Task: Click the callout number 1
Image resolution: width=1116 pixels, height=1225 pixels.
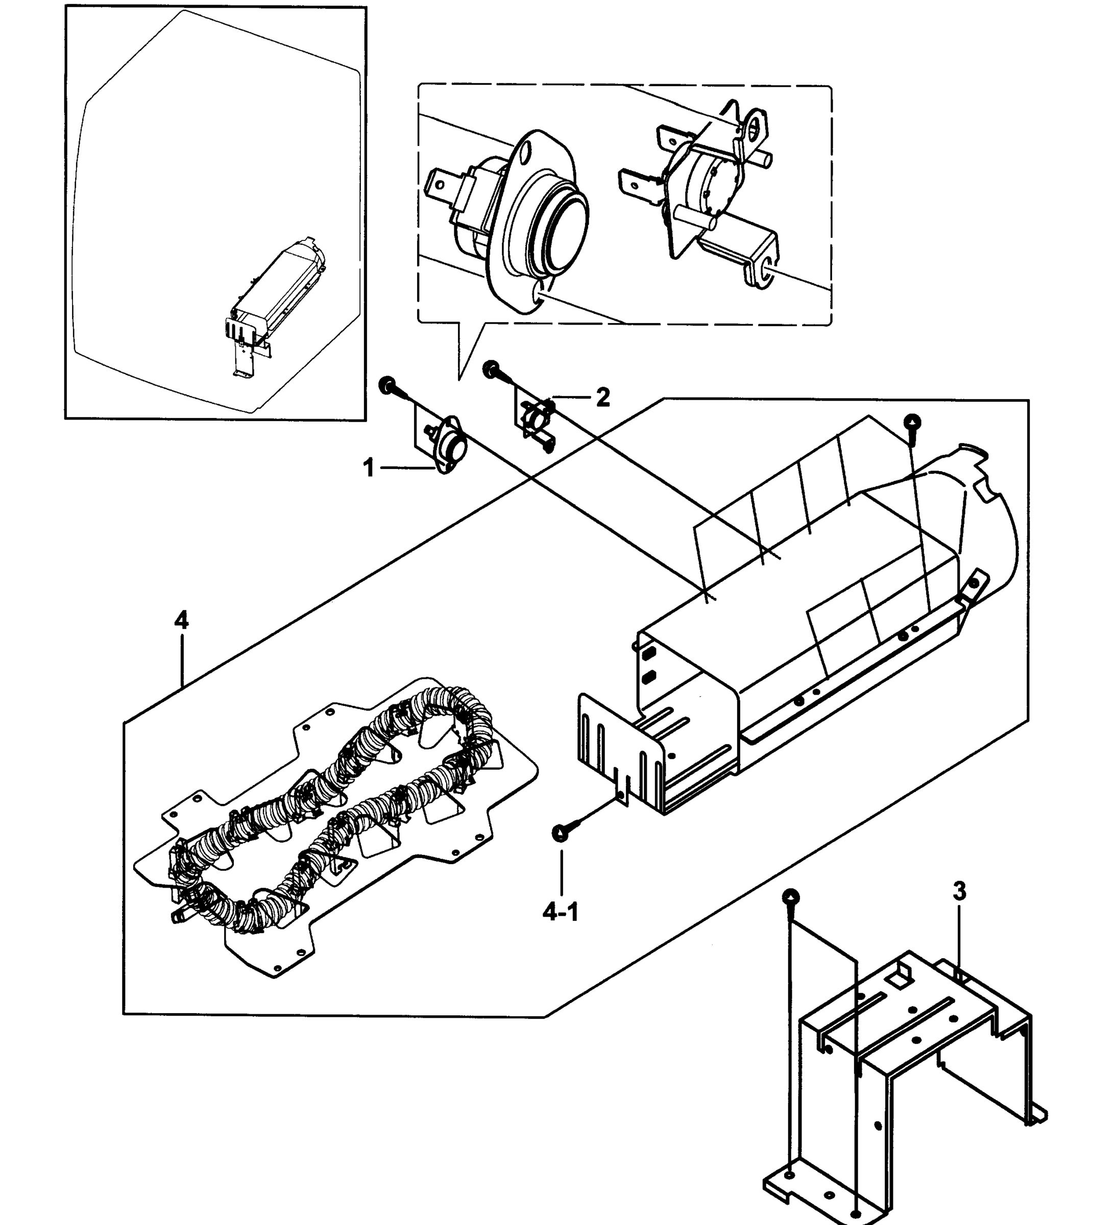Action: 369,468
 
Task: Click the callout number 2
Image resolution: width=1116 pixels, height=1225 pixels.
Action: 602,398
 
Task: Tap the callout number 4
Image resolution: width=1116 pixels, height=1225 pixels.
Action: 181,620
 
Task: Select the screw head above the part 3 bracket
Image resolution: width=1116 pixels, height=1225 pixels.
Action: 790,897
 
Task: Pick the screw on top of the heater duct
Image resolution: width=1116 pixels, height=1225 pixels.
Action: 912,422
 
